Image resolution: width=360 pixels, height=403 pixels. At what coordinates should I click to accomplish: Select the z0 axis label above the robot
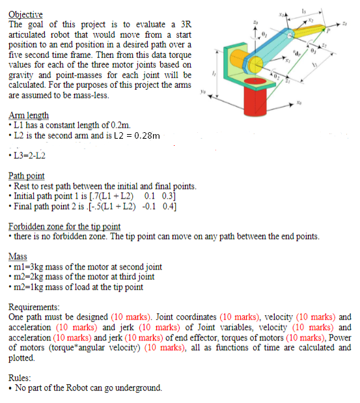point(257,23)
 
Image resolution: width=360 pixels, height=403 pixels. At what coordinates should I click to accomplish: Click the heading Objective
point(25,14)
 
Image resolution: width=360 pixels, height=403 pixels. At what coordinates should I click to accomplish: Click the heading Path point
point(27,176)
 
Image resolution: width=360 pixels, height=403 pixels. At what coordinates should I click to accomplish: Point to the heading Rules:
point(21,377)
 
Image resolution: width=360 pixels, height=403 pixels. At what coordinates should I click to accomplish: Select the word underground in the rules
point(139,388)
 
